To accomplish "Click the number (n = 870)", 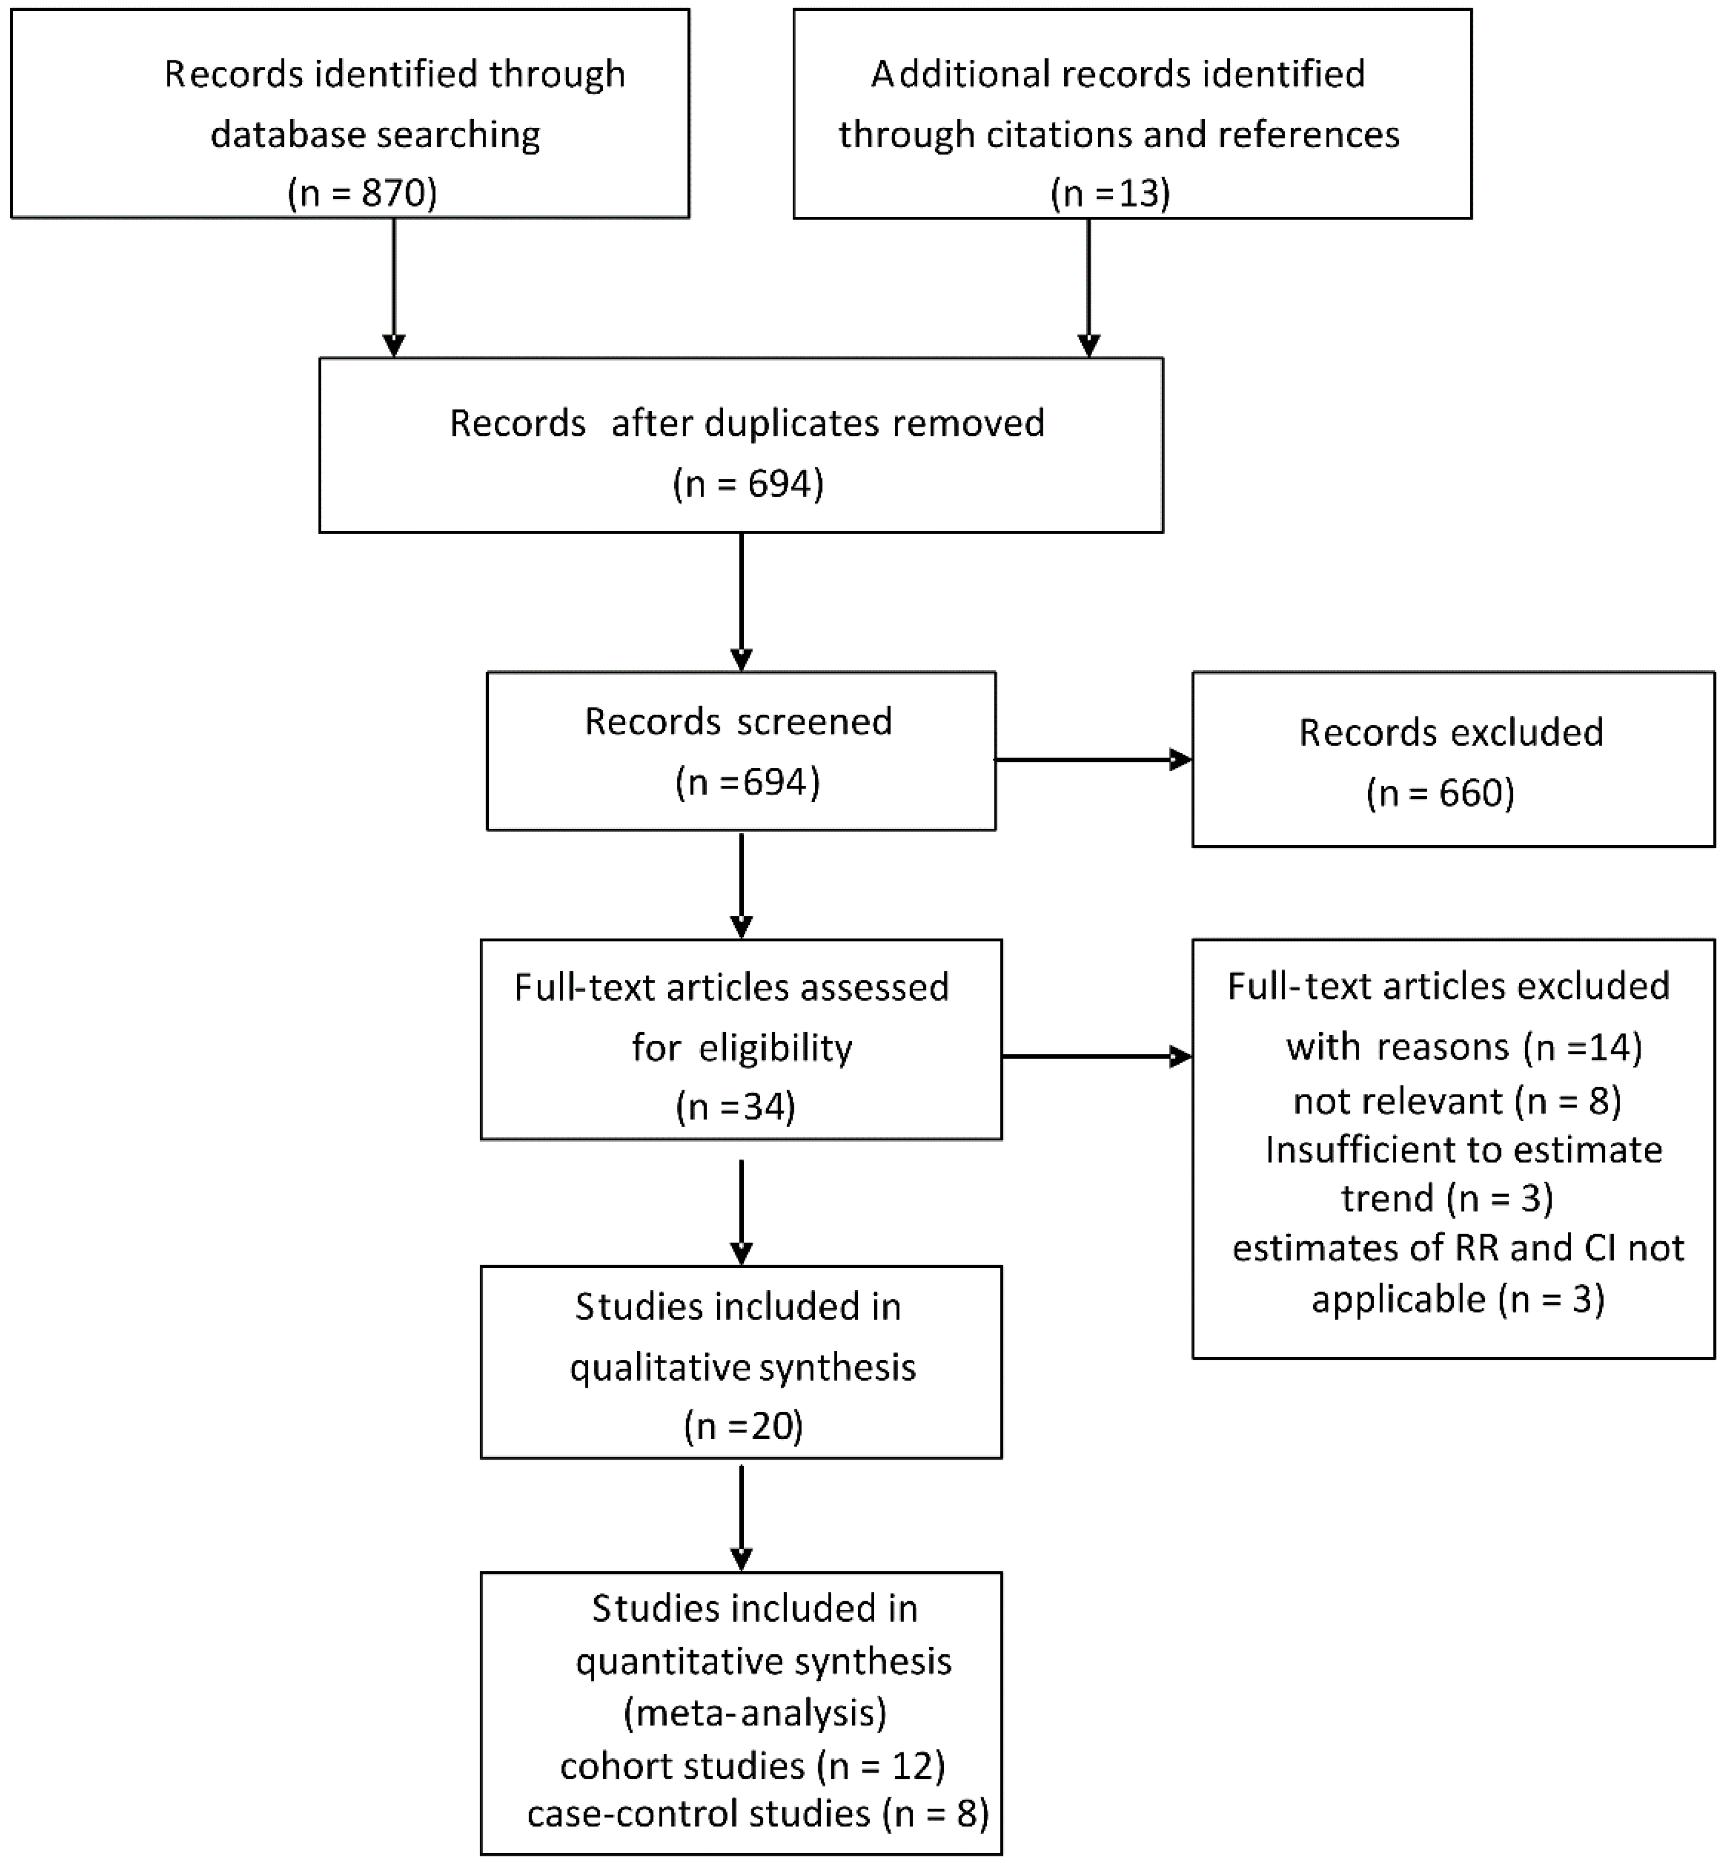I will coord(362,193).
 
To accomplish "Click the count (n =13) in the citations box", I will coord(1110,193).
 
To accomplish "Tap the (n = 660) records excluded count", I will coord(1440,792).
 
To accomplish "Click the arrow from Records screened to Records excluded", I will coord(1092,760).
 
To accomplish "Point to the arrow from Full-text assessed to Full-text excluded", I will coord(1096,1056).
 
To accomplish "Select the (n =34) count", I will coord(735,1107).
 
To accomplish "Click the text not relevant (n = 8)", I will coord(1457,1101).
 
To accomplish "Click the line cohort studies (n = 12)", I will coord(752,1765).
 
